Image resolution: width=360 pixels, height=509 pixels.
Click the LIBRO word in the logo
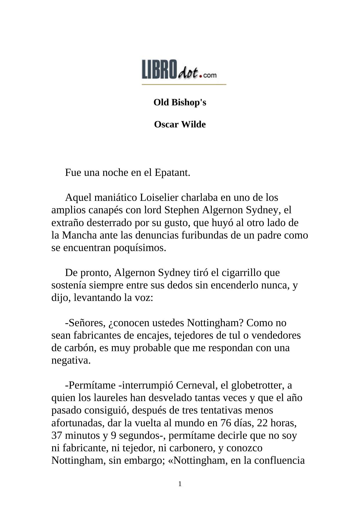[159, 69]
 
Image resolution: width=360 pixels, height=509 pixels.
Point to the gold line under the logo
[184, 84]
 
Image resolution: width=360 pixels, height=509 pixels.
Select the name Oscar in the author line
[166, 124]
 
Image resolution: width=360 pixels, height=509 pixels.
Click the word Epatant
[172, 173]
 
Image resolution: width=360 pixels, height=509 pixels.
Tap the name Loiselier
[159, 198]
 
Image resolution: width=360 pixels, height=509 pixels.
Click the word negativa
[71, 360]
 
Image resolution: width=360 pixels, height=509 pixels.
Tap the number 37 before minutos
[57, 436]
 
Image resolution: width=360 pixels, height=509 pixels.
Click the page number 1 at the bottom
[180, 484]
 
